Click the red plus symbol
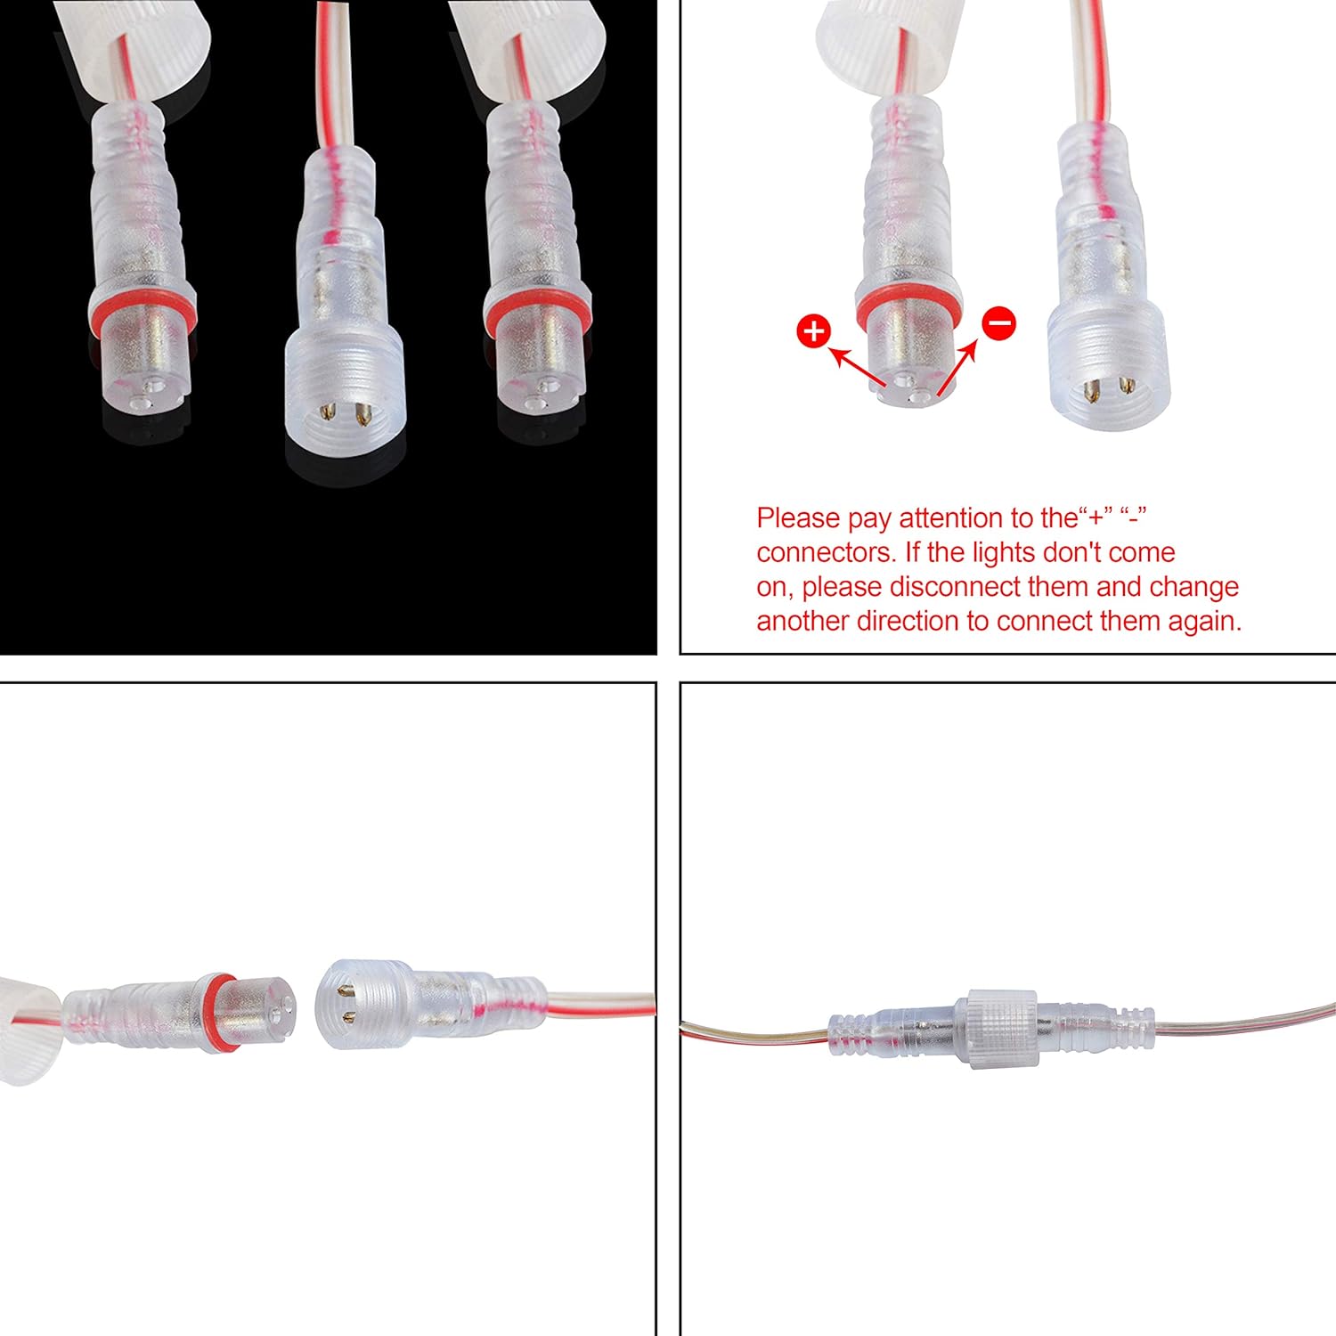click(x=813, y=331)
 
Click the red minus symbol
click(x=999, y=322)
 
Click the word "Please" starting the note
click(x=798, y=518)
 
